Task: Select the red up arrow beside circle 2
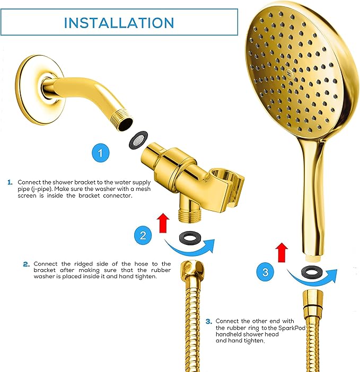coord(164,221)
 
